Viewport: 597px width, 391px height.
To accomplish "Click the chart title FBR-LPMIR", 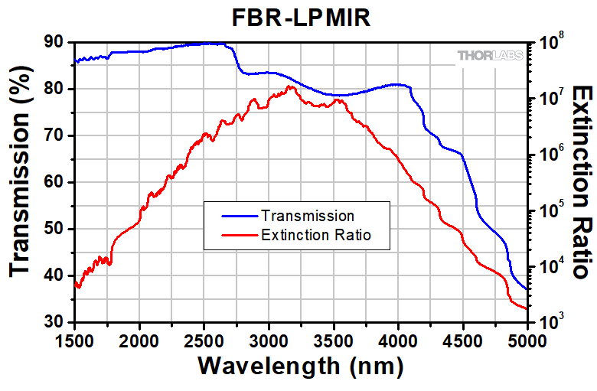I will coord(301,18).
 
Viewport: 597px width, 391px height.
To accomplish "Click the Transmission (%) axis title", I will coord(22,181).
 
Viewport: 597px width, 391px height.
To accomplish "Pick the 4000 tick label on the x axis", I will coord(398,339).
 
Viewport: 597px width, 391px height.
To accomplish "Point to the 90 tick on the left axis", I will coord(54,42).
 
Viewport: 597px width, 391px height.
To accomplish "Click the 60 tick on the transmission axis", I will coord(54,182).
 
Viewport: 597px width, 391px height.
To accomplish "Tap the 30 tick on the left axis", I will coord(54,322).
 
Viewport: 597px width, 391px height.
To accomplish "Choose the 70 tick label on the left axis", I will coord(54,135).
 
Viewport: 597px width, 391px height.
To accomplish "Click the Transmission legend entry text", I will coord(307,216).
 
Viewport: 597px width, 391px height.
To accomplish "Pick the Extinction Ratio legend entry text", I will coord(315,235).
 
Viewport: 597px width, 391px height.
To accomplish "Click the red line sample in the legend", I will coord(237,235).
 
